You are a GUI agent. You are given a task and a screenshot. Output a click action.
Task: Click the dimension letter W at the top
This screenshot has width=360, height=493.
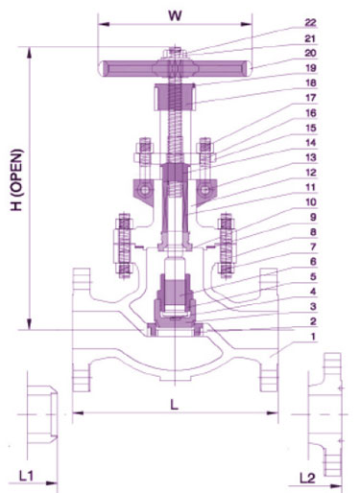pyautogui.click(x=175, y=15)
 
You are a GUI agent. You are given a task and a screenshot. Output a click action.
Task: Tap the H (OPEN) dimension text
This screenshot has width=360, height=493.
pyautogui.click(x=17, y=180)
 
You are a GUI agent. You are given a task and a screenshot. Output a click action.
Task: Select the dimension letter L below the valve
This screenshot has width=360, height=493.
pyautogui.click(x=174, y=405)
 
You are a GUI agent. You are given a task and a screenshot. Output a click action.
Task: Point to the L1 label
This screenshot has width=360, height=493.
pyautogui.click(x=26, y=476)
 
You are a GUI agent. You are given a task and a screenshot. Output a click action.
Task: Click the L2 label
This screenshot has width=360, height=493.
pyautogui.click(x=307, y=478)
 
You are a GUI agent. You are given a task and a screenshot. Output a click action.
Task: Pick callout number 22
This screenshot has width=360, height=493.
pyautogui.click(x=310, y=23)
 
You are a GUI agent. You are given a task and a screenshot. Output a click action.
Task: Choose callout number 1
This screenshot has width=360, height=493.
pyautogui.click(x=313, y=337)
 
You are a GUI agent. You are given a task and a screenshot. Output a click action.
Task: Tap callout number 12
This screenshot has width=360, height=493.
pyautogui.click(x=311, y=173)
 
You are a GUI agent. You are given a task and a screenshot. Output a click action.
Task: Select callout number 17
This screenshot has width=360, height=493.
pyautogui.click(x=311, y=98)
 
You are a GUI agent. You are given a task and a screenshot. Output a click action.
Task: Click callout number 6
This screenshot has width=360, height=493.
pyautogui.click(x=313, y=262)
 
